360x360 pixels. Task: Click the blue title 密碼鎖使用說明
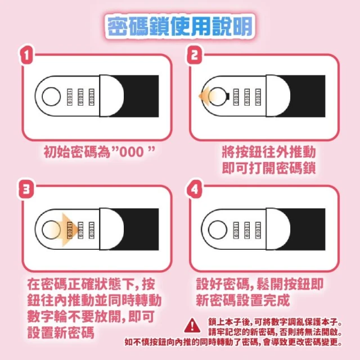(x=180, y=26)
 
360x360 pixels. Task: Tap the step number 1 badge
(x=26, y=55)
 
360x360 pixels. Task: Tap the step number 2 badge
(x=194, y=55)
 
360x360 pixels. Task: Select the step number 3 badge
(x=26, y=190)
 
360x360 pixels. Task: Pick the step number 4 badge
(x=194, y=190)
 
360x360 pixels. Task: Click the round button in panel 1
(x=51, y=96)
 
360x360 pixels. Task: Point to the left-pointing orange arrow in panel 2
(x=206, y=96)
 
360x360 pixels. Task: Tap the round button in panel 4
(x=218, y=230)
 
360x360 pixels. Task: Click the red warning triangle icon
(x=192, y=326)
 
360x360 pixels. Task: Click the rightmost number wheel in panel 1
(x=91, y=97)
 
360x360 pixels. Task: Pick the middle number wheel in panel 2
(x=247, y=97)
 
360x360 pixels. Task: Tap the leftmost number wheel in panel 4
(x=236, y=230)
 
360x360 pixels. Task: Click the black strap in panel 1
(x=138, y=96)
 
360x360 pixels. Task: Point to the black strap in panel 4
(x=304, y=229)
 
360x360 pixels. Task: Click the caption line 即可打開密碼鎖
(x=269, y=168)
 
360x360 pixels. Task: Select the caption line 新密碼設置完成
(x=242, y=300)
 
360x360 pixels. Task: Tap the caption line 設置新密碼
(x=61, y=332)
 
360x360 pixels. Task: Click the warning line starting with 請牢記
(x=275, y=332)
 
